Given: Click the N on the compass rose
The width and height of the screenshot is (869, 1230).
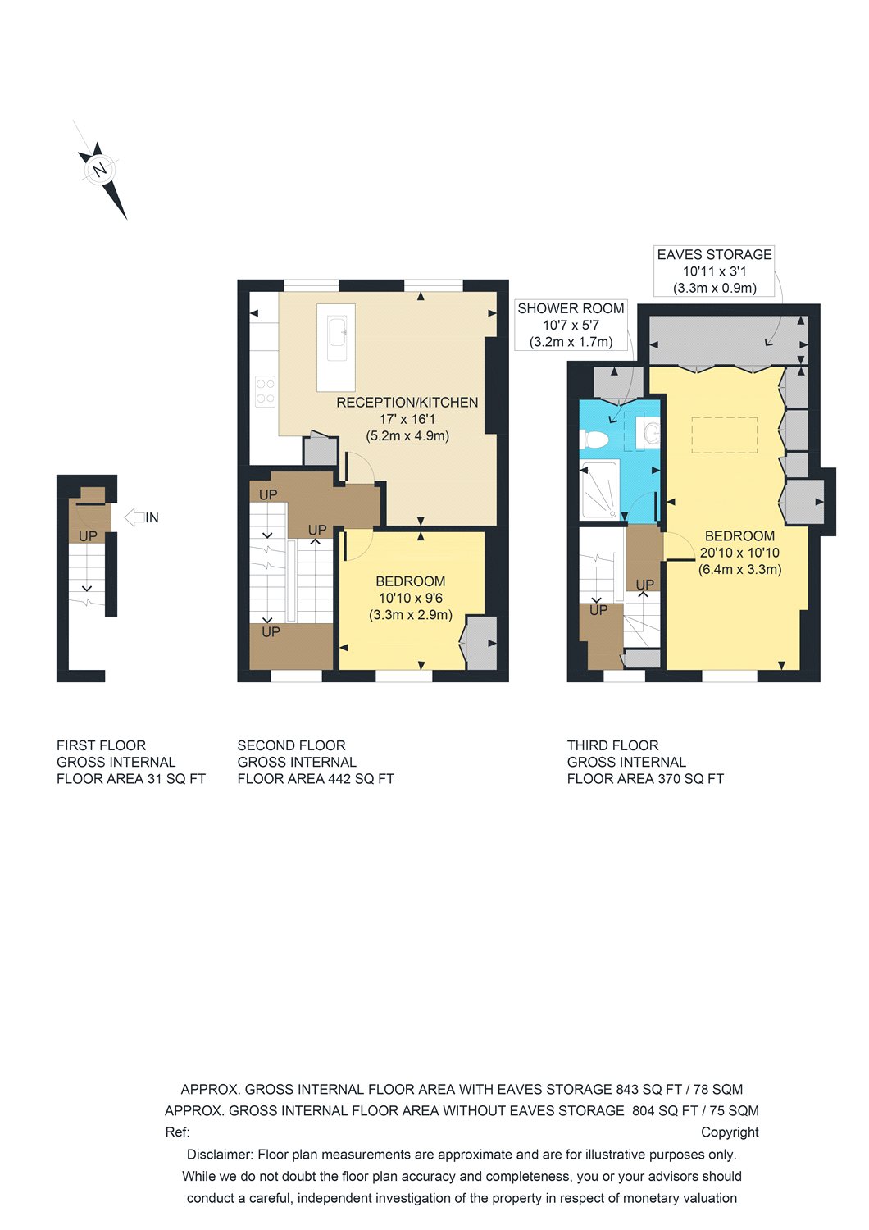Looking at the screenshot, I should pyautogui.click(x=99, y=170).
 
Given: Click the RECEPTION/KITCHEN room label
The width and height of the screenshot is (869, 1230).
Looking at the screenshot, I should pyautogui.click(x=407, y=403).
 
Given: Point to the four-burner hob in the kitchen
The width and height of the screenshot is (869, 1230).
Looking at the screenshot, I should pyautogui.click(x=265, y=391).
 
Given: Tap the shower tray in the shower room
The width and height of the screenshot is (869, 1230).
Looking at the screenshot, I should pyautogui.click(x=599, y=491).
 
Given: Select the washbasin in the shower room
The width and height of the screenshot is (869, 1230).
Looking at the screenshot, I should pyautogui.click(x=651, y=432).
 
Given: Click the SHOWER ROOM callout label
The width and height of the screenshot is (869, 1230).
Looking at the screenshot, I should pyautogui.click(x=571, y=308).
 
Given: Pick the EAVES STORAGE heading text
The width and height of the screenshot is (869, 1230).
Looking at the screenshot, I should pyautogui.click(x=714, y=254).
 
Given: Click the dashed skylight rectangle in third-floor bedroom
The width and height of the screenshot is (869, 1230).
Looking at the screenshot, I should pyautogui.click(x=724, y=435).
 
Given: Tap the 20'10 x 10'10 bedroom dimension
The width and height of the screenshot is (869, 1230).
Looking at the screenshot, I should pyautogui.click(x=739, y=553).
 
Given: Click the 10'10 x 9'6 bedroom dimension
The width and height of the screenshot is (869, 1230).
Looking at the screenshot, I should pyautogui.click(x=410, y=598).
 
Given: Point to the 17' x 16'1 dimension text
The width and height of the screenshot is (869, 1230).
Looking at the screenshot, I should pyautogui.click(x=407, y=419).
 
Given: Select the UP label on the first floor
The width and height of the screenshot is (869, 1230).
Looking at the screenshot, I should pyautogui.click(x=88, y=536).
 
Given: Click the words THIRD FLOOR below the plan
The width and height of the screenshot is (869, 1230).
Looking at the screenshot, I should pyautogui.click(x=612, y=745).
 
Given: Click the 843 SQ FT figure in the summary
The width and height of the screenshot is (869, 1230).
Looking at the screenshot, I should pyautogui.click(x=648, y=1090).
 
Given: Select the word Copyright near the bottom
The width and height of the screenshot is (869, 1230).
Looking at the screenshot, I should pyautogui.click(x=730, y=1132).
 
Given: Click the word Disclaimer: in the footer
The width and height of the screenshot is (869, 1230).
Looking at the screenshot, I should pyautogui.click(x=219, y=1155).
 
